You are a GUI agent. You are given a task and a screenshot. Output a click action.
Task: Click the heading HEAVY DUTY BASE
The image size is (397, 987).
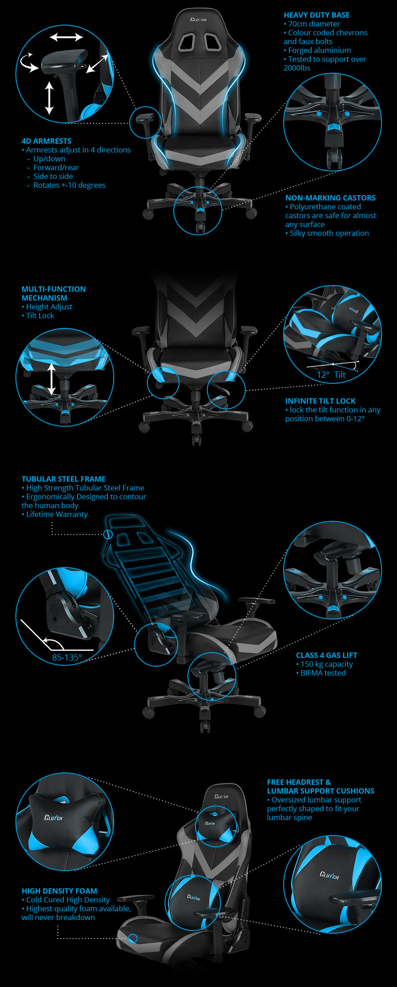[316, 15]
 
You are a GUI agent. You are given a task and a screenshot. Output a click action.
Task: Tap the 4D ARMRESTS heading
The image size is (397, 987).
[46, 141]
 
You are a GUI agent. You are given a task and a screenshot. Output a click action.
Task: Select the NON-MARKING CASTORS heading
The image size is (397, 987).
[330, 198]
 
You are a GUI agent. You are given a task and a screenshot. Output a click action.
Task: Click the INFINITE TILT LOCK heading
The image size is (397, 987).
[320, 401]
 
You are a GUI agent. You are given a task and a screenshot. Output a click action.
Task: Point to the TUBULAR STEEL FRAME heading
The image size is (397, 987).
[64, 479]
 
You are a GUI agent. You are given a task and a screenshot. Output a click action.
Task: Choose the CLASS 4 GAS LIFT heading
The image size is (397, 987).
[326, 655]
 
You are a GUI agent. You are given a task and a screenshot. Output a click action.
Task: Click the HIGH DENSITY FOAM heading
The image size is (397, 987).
[59, 891]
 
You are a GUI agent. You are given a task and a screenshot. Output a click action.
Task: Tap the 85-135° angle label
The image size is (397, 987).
[67, 657]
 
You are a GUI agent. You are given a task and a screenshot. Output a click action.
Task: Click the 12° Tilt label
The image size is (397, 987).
[331, 375]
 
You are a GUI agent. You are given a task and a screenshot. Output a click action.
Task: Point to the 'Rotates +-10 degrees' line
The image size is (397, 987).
[69, 185]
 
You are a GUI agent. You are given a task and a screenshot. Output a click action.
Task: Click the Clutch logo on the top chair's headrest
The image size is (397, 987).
[198, 19]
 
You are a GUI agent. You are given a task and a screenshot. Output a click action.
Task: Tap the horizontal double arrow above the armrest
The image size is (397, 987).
[66, 37]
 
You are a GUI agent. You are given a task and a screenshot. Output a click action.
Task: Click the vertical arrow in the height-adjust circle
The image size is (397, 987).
[52, 379]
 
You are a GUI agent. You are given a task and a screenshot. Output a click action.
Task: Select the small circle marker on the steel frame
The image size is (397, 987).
[108, 534]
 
